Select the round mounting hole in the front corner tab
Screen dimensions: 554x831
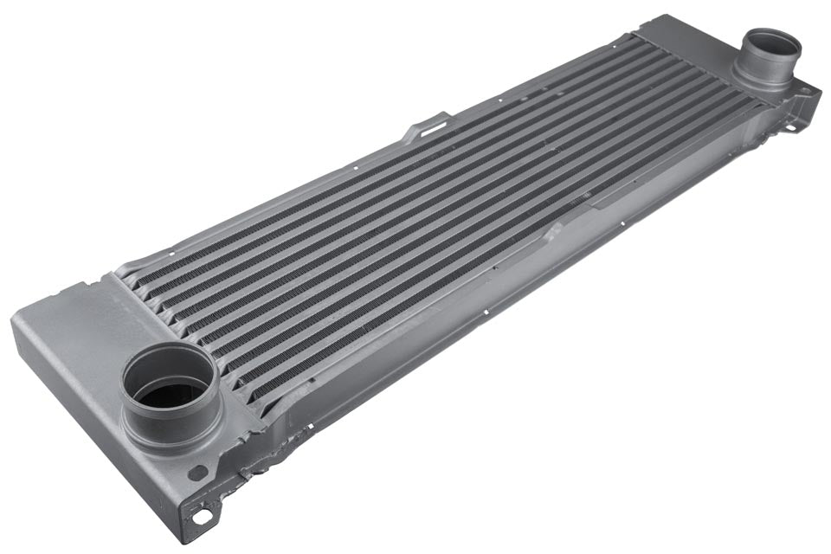tap(202, 517)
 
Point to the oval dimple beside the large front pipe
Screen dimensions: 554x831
tap(200, 473)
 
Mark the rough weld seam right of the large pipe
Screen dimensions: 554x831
tap(260, 450)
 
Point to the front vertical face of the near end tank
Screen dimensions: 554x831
tap(87, 407)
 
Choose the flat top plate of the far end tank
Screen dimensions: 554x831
tap(692, 35)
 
